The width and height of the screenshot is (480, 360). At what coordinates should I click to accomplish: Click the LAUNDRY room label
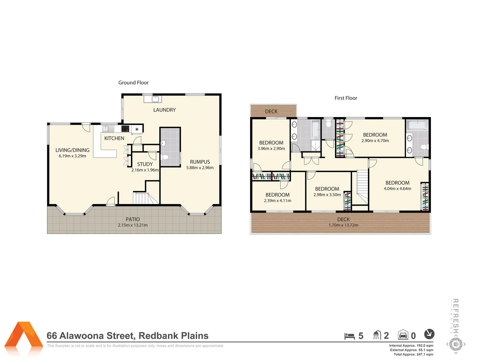point(164,110)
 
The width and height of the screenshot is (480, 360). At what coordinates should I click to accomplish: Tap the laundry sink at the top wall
point(155,99)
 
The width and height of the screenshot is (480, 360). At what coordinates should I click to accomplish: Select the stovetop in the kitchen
point(125,129)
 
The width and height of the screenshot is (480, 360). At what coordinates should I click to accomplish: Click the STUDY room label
point(145,164)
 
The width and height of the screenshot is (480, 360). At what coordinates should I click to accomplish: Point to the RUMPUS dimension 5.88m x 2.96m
point(200,168)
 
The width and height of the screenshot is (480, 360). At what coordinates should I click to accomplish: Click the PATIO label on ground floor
point(133,219)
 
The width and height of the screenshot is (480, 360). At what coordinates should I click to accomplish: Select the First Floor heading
point(346,98)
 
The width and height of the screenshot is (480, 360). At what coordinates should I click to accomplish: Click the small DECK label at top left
point(271,111)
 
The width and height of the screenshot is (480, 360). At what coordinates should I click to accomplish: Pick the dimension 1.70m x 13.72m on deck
point(343,225)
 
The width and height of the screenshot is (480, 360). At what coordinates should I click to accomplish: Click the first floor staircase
point(362,187)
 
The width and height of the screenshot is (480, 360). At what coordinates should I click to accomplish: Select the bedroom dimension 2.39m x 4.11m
point(277,201)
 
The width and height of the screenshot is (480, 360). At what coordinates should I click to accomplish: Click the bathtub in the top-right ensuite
point(418,125)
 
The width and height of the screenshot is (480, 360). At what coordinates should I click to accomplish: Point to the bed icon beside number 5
point(349,336)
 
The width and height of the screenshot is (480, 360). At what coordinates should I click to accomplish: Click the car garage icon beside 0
point(403,335)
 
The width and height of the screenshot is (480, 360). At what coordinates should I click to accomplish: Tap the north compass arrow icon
point(429,334)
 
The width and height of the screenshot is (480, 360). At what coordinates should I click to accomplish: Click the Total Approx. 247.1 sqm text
point(413,354)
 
